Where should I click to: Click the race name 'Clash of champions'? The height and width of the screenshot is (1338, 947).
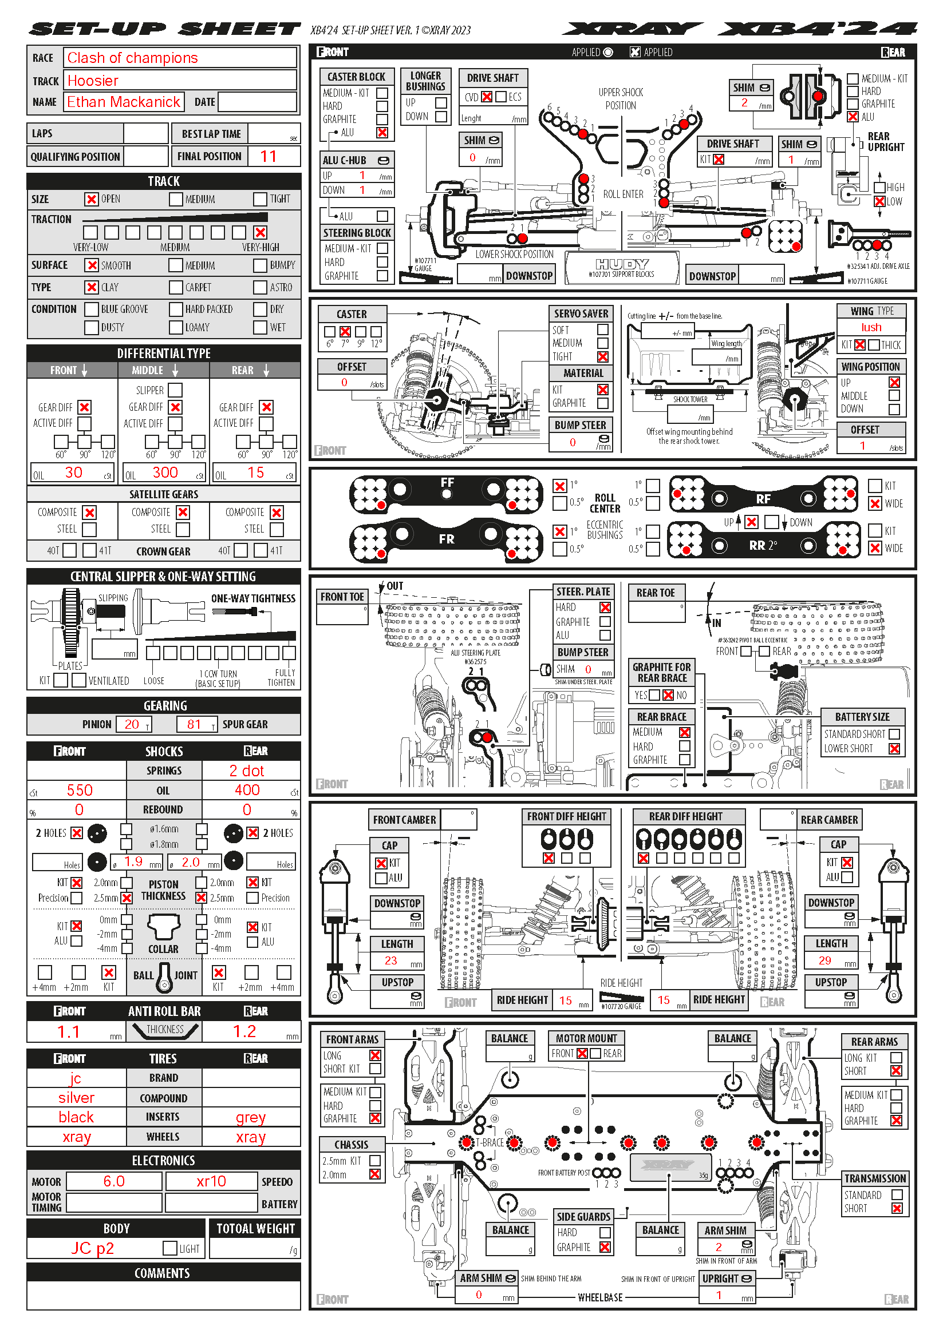point(132,58)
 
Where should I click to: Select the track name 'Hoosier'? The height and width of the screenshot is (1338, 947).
point(93,81)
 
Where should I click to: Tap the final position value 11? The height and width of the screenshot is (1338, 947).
point(267,156)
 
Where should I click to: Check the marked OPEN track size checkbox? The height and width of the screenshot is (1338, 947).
point(92,199)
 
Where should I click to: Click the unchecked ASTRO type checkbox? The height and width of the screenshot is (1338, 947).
point(260,287)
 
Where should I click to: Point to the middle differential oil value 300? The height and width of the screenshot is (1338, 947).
point(165,473)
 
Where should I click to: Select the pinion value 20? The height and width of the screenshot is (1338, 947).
point(132,724)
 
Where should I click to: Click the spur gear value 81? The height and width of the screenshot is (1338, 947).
point(194,724)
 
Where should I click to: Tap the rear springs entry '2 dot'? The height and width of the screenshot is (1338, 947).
point(247,771)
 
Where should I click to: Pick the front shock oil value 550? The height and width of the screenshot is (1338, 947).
point(80,790)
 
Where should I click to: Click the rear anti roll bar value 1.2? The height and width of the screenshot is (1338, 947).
point(244,1031)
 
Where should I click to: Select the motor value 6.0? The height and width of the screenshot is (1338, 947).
point(114,1181)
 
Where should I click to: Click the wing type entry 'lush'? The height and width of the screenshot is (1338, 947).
point(871,328)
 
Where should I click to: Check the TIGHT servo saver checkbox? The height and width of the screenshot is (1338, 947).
point(603,356)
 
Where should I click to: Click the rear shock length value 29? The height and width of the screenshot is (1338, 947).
point(824,960)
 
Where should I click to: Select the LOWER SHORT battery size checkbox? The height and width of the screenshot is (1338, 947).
point(894,749)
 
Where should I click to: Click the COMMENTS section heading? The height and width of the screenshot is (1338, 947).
point(162,1273)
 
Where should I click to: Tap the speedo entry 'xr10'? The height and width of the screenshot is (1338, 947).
point(211,1181)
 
